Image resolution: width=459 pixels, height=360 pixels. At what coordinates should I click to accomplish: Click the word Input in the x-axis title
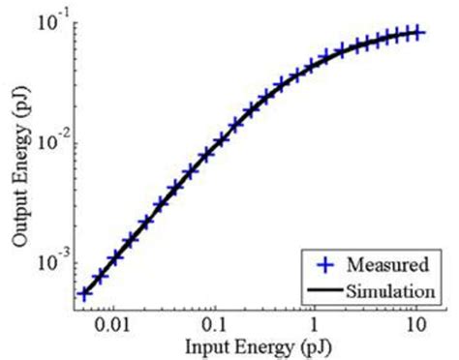(x=198, y=344)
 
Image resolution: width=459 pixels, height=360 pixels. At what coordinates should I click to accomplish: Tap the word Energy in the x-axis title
(x=254, y=344)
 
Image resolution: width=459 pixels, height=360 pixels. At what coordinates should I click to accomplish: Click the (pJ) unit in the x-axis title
(x=307, y=344)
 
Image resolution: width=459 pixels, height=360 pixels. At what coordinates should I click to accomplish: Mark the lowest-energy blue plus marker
(x=85, y=293)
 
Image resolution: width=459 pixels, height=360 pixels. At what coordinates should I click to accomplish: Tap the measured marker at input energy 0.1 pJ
(x=220, y=139)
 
